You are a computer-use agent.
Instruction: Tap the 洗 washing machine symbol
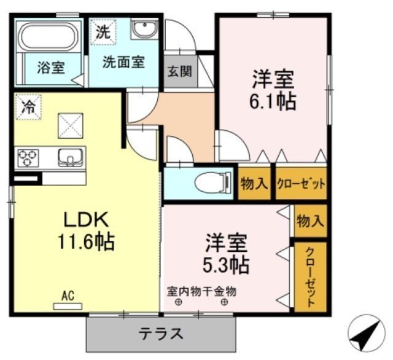(x=103, y=32)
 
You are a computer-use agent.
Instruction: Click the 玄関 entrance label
(x=179, y=71)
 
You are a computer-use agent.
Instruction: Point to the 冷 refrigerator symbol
(x=28, y=106)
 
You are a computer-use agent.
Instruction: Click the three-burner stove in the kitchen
(x=28, y=158)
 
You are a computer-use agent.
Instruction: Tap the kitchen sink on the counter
(x=71, y=157)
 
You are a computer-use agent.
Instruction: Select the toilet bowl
(x=213, y=183)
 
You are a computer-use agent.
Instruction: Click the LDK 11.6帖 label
(x=86, y=230)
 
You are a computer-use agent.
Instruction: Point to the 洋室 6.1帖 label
(x=273, y=90)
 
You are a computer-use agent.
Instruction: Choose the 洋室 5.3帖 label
(x=226, y=254)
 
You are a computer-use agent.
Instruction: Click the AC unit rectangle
(x=68, y=307)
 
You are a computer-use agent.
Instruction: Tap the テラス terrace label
(x=161, y=334)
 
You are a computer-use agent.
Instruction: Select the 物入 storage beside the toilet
(x=254, y=184)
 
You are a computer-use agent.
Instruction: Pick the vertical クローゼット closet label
(x=310, y=277)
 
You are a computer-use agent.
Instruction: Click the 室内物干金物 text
(x=201, y=292)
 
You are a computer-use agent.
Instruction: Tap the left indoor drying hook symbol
(x=179, y=302)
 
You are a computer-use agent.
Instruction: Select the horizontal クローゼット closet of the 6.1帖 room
(x=301, y=184)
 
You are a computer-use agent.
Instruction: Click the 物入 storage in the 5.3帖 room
(x=310, y=221)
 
